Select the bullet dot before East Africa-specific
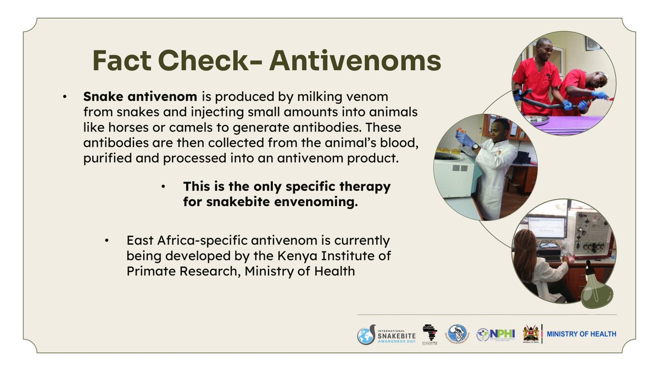tap(109, 241)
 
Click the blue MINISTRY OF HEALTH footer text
tap(582, 334)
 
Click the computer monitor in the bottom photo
tap(547, 227)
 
